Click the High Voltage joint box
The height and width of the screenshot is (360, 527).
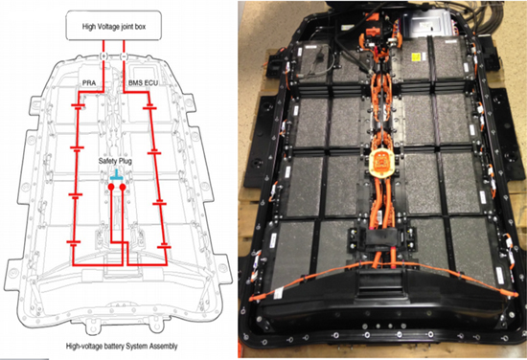click(114, 25)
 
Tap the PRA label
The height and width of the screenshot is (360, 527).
click(89, 82)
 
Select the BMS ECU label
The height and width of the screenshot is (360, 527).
click(143, 82)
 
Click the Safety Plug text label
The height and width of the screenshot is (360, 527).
click(115, 161)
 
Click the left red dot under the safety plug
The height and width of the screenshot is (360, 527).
click(111, 187)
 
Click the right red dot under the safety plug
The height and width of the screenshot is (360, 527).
click(123, 187)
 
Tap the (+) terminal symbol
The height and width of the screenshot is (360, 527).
click(103, 56)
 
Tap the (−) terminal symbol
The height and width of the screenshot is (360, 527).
click(124, 56)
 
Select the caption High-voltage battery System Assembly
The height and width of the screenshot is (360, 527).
click(122, 346)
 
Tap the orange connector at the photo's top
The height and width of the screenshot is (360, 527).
click(374, 25)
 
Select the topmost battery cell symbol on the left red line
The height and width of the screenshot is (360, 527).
click(78, 106)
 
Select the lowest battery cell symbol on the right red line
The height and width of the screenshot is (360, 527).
click(164, 247)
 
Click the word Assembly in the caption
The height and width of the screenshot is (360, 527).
click(164, 347)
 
